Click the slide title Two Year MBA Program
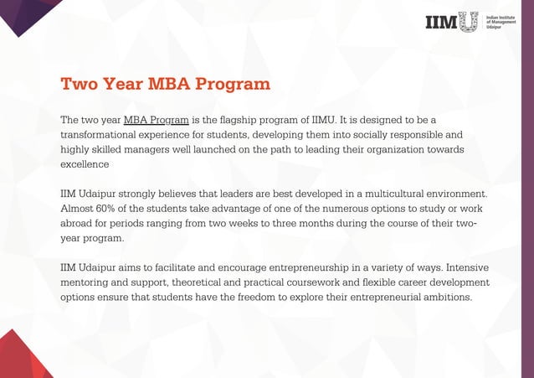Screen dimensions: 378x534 (165, 85)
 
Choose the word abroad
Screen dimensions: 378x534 (79, 224)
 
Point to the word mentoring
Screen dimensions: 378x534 (89, 282)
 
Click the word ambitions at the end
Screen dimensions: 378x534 (442, 298)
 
